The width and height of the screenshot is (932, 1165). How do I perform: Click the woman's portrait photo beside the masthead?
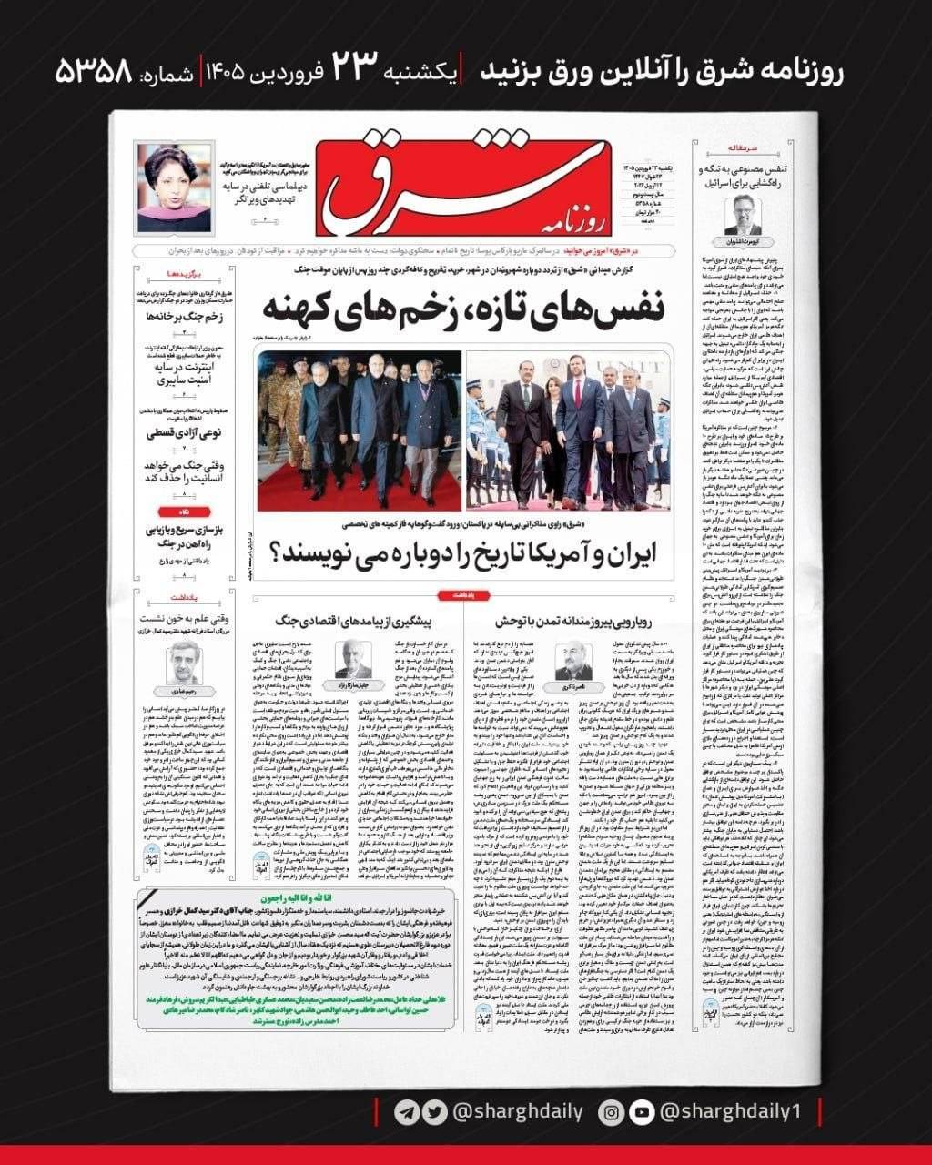click(174, 187)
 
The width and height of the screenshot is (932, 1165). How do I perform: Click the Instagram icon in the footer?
click(613, 1111)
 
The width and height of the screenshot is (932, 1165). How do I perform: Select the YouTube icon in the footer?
click(642, 1111)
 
